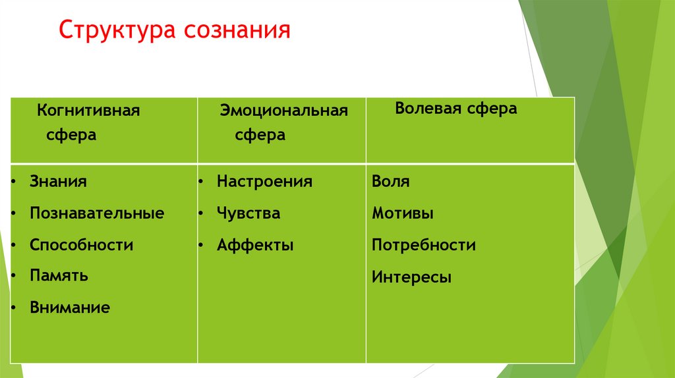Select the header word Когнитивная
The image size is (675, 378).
point(88,110)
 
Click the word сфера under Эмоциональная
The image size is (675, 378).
point(260,136)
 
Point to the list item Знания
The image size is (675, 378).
point(58,181)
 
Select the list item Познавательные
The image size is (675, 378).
point(97,213)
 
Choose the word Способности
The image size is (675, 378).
point(81,245)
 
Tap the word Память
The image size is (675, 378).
point(59,276)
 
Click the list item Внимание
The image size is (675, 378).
point(70,308)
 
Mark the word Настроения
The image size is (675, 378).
point(264,181)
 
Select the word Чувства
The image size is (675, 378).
point(249,213)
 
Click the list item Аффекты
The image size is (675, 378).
point(255,246)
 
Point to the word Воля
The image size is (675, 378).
point(390,182)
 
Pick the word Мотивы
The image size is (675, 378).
point(402,213)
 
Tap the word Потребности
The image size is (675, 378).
point(423,246)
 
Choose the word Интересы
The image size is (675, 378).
point(411,277)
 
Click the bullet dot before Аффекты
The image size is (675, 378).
point(200,245)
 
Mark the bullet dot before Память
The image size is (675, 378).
point(13,275)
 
